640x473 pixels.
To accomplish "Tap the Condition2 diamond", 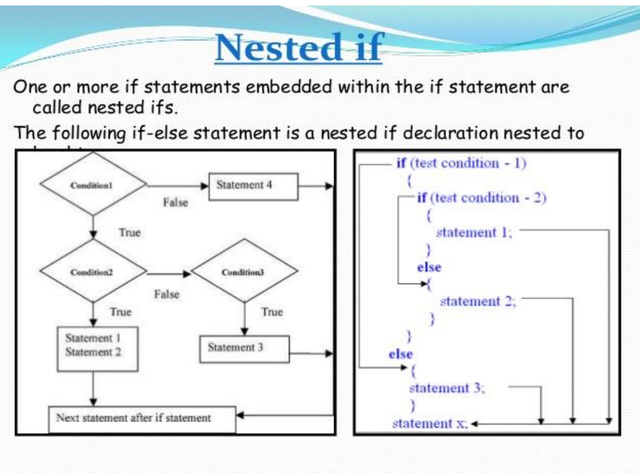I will [x=92, y=272].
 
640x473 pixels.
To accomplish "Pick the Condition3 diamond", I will [x=244, y=272].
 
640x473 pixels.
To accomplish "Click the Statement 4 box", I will [x=253, y=186].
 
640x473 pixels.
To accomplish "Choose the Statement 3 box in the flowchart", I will [x=244, y=349].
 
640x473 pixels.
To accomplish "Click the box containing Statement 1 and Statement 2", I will [x=97, y=349].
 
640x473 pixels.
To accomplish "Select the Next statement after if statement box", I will [x=142, y=419].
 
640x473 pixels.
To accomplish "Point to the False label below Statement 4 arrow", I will [x=176, y=203].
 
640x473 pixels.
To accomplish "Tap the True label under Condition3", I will [x=272, y=312].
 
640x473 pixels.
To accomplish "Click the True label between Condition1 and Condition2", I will [x=130, y=232].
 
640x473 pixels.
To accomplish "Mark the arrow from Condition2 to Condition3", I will [x=168, y=274].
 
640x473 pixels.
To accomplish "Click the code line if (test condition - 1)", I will [x=461, y=163].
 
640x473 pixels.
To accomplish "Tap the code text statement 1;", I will [x=474, y=233].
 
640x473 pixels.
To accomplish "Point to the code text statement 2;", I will [x=478, y=302].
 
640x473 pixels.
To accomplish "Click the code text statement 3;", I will [x=447, y=388].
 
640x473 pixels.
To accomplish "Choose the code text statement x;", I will [x=430, y=424].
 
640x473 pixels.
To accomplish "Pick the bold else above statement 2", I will [x=429, y=267].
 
